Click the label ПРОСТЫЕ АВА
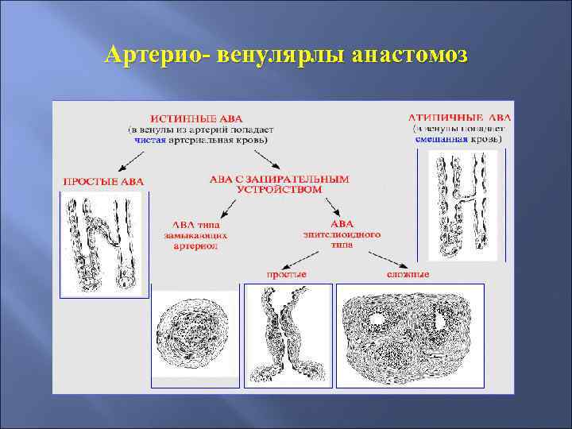pyautogui.click(x=103, y=181)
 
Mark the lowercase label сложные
pyautogui.click(x=408, y=274)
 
